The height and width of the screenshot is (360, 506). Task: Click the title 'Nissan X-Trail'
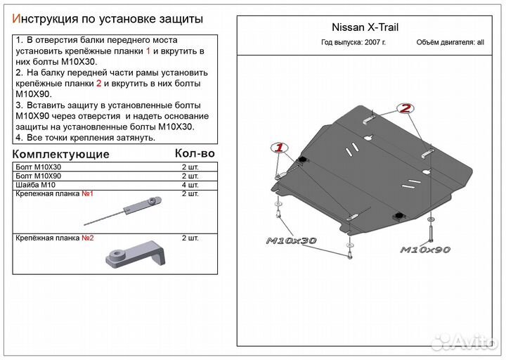(364, 29)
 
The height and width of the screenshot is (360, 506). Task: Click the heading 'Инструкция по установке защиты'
(108, 18)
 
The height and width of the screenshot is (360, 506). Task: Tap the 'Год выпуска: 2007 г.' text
(353, 43)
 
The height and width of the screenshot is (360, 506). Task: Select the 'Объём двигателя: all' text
(450, 43)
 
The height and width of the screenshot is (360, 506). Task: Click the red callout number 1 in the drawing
(278, 148)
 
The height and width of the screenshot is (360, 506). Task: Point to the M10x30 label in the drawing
(291, 241)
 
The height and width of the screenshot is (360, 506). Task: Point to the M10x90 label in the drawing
(425, 250)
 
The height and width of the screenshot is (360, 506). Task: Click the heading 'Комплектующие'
(61, 154)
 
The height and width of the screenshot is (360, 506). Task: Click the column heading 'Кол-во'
(194, 153)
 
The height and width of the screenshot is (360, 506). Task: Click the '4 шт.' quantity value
(190, 184)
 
